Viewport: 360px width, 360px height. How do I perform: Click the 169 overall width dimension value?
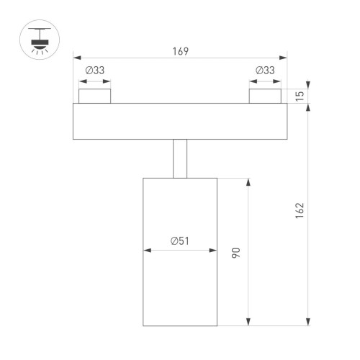(180, 50)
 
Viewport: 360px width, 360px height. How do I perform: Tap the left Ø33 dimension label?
(95, 71)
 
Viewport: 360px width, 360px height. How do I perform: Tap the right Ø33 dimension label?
(266, 71)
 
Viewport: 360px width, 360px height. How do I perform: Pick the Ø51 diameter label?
(180, 242)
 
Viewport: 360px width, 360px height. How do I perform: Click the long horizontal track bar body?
(180, 121)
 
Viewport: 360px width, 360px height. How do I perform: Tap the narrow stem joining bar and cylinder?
(180, 158)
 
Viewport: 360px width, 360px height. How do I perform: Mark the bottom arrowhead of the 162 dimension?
(309, 324)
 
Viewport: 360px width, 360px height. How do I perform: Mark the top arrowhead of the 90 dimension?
(249, 180)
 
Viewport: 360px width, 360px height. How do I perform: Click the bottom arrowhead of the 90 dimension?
(249, 324)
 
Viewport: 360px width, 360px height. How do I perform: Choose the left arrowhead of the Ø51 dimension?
(147, 251)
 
